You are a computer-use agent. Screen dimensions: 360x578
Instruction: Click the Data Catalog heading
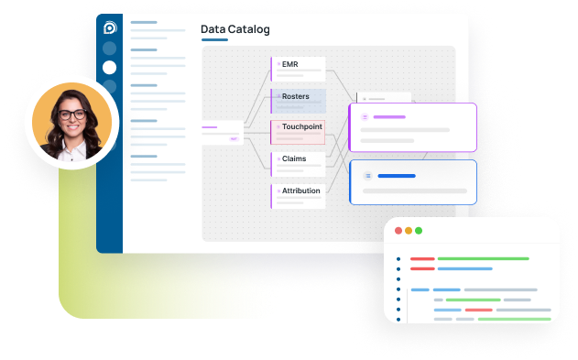[235, 30]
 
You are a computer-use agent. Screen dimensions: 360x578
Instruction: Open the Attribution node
[299, 191]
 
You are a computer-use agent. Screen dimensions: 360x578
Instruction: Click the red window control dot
[398, 231]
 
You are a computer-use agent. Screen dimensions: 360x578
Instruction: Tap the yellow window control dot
[409, 231]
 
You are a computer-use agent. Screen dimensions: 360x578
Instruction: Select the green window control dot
[419, 231]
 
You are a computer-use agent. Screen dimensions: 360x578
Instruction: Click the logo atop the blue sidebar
[110, 27]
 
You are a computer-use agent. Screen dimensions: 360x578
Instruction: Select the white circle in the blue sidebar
[110, 67]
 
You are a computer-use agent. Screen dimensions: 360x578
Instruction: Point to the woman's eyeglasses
[72, 115]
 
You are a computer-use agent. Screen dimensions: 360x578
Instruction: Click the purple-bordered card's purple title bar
[389, 117]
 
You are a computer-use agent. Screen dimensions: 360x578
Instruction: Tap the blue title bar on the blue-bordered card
[397, 175]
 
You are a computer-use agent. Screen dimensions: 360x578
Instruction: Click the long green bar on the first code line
[483, 259]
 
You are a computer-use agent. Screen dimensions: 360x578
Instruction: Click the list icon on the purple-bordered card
[365, 117]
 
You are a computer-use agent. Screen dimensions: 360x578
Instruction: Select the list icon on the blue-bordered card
[368, 175]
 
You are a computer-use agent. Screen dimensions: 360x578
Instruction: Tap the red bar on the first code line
[422, 259]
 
